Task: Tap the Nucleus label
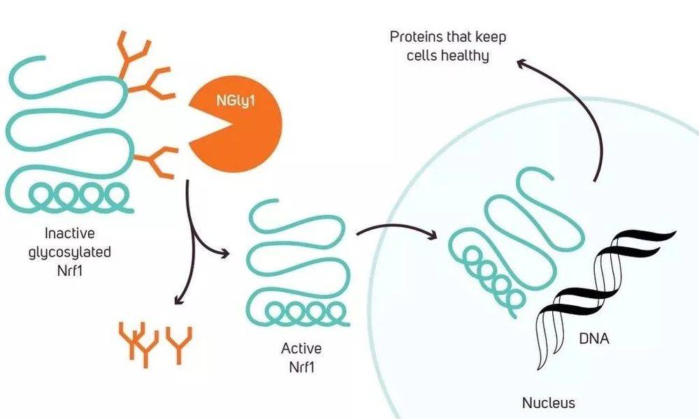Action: coord(549,403)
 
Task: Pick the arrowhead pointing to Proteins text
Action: coord(522,64)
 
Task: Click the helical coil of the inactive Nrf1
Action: coord(70,195)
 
